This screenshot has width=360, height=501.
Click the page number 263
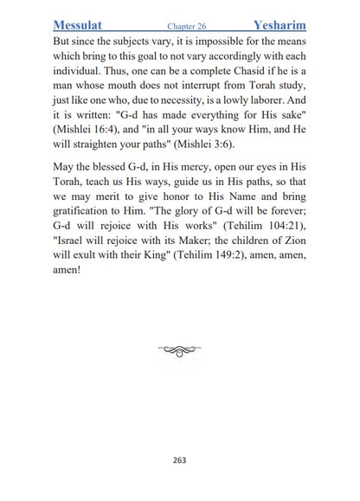click(179, 459)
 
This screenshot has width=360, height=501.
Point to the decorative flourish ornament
click(179, 350)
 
